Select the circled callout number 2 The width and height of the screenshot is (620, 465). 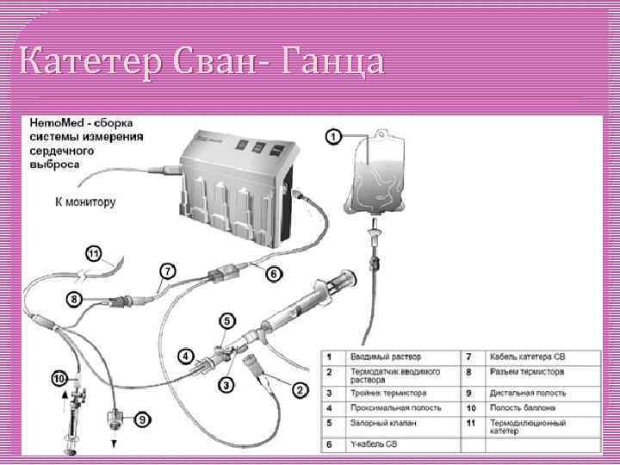300,389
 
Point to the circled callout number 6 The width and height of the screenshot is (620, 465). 273,274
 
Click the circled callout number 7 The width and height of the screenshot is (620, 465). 168,270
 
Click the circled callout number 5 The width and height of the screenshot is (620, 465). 226,320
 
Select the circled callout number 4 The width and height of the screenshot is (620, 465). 184,354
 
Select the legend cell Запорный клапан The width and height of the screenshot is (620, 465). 382,423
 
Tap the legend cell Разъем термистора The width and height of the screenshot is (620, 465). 527,373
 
